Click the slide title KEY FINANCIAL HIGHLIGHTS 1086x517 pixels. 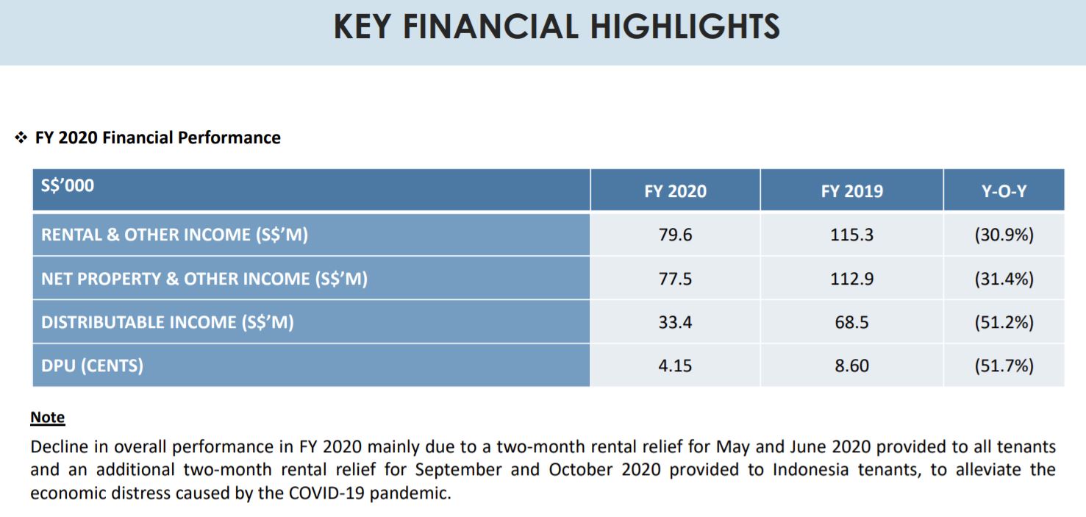(557, 27)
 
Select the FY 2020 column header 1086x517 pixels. (675, 191)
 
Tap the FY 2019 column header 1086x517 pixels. (851, 191)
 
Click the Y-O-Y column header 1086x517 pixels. (1004, 191)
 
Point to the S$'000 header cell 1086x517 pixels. (68, 185)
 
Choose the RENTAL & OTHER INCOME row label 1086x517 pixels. (174, 235)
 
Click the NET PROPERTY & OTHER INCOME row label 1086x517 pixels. (204, 279)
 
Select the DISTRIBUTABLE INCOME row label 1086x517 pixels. (167, 322)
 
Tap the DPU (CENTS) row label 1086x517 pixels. (92, 366)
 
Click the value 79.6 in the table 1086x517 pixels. (675, 235)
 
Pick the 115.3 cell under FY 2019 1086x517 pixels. (851, 235)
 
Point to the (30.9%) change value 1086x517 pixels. (1004, 235)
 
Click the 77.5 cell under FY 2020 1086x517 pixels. (675, 279)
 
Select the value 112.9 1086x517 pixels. (851, 279)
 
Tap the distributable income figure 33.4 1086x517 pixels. (675, 322)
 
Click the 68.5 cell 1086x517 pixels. (851, 322)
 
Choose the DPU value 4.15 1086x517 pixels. (675, 366)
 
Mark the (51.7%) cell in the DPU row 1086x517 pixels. (1004, 366)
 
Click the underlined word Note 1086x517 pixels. (47, 418)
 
